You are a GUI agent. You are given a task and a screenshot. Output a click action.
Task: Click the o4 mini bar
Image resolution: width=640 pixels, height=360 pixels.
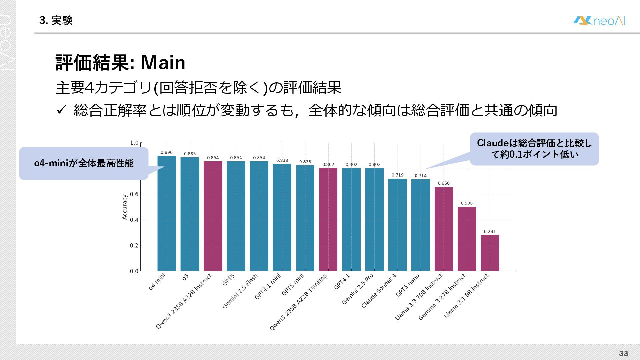coord(167,213)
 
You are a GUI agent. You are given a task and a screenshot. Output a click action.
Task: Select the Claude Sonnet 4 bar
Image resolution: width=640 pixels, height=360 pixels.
coord(397,225)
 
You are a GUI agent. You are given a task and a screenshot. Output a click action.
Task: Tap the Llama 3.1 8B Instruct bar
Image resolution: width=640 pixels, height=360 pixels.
coord(490,253)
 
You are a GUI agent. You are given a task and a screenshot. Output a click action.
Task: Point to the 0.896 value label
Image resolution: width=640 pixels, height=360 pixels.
coord(167,152)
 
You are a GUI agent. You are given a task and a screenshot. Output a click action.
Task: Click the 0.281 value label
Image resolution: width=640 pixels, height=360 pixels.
coord(490,231)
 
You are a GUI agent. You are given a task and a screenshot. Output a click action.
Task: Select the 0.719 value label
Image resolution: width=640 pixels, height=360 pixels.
coord(397,175)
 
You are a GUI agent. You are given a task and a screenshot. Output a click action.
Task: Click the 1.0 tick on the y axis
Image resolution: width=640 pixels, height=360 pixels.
coord(134,143)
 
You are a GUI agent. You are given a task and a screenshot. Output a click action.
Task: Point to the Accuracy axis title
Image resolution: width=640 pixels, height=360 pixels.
coord(125,207)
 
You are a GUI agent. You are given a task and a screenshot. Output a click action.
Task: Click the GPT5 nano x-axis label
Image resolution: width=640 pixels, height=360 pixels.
coord(407,285)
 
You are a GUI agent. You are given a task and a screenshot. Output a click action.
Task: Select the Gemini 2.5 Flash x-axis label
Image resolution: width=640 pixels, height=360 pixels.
coord(240,291)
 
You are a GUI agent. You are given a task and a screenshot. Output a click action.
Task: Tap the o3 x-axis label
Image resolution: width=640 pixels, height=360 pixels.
coord(185,277)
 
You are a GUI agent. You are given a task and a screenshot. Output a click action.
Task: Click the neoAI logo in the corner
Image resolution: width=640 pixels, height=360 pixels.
coord(599,21)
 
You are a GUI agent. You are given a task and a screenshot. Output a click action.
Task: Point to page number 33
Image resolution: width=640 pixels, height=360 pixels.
coord(623,353)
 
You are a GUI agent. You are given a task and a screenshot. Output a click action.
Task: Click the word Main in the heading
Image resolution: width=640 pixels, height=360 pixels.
coord(163,62)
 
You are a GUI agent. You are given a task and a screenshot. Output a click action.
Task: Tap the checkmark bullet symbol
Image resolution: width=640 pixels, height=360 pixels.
coord(62,109)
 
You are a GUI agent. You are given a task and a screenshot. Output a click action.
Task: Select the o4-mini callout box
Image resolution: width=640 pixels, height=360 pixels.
coord(84,163)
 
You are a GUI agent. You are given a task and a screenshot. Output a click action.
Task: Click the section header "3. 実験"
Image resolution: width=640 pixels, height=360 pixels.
coord(56,21)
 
